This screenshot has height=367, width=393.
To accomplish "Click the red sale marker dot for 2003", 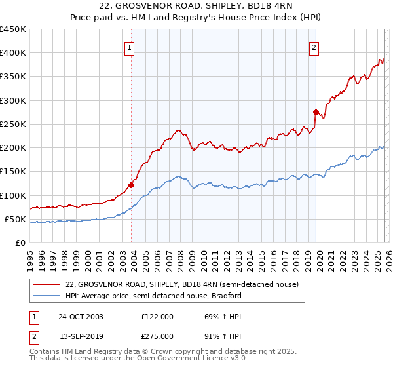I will click(x=132, y=185).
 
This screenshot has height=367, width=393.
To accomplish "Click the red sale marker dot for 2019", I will click(x=316, y=112).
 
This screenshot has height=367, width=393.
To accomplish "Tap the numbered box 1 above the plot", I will click(x=129, y=47).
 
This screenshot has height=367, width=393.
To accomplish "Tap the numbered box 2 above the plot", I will click(x=314, y=47).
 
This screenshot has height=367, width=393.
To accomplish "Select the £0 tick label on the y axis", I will click(x=19, y=243).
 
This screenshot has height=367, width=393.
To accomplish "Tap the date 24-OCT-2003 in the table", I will click(x=81, y=317).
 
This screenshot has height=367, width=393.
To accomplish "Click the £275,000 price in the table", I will click(x=157, y=336).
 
